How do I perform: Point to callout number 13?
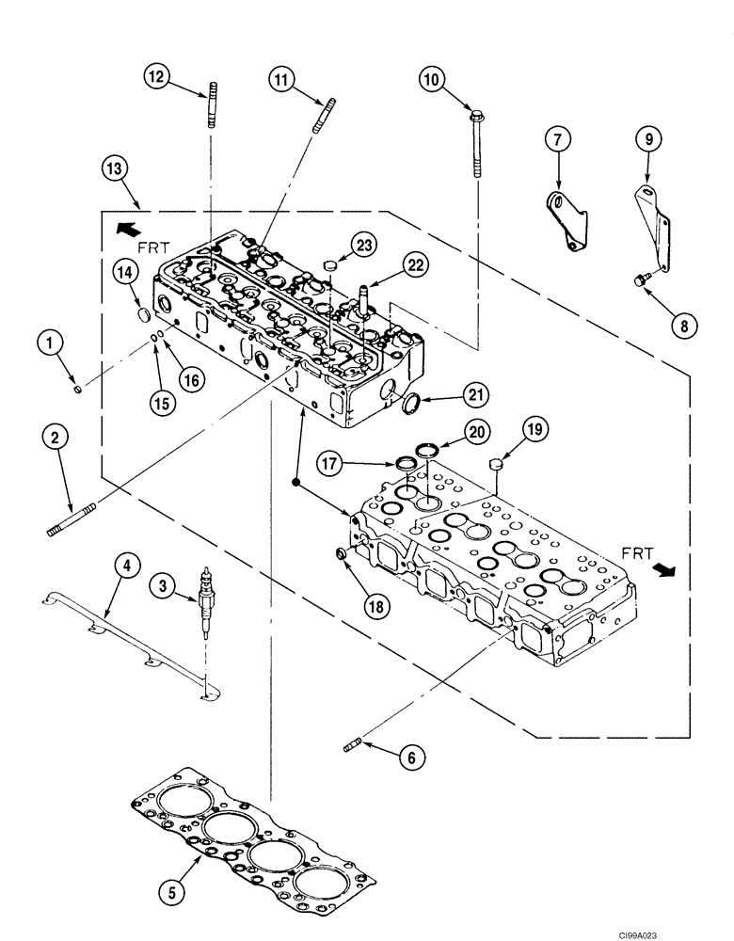point(116,169)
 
